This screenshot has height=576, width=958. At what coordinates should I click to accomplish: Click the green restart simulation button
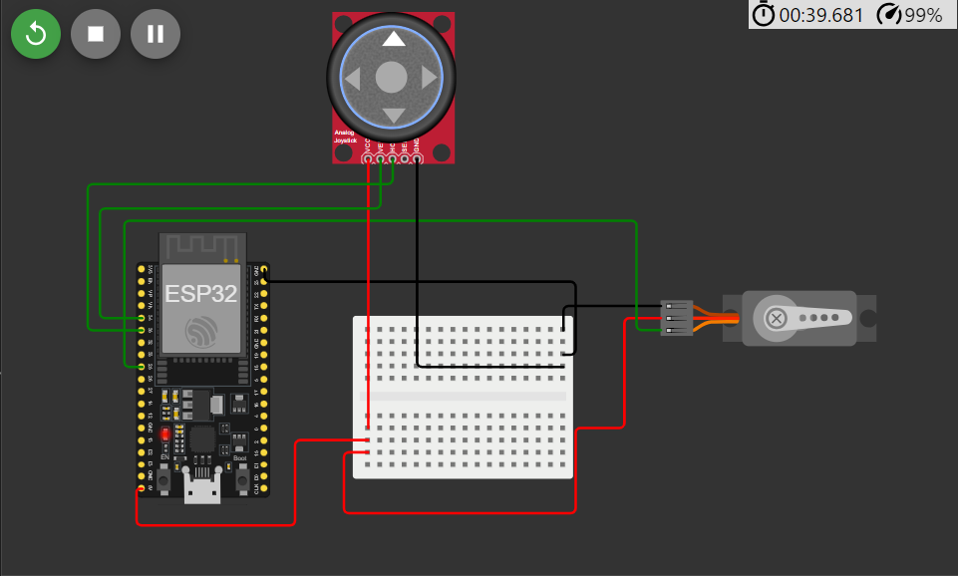point(36,34)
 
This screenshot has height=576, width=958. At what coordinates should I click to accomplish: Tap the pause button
point(156,34)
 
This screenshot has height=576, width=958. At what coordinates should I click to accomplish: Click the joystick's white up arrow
point(394,40)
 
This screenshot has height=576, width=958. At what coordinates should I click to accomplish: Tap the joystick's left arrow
point(353,78)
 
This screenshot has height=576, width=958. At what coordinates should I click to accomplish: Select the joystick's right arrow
point(430,78)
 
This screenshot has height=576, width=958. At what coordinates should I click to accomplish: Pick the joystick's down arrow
point(394,116)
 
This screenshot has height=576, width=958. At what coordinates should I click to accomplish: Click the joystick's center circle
point(392,77)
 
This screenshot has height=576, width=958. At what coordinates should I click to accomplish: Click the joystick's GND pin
point(417,158)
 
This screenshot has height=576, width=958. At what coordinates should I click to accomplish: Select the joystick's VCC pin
point(369,158)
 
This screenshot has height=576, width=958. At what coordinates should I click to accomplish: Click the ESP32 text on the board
point(201,294)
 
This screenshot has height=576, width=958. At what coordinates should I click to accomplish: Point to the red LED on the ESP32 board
point(164,434)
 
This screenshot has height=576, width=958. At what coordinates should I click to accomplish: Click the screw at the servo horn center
point(776,318)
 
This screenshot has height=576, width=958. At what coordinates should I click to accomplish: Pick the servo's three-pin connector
point(677,317)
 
